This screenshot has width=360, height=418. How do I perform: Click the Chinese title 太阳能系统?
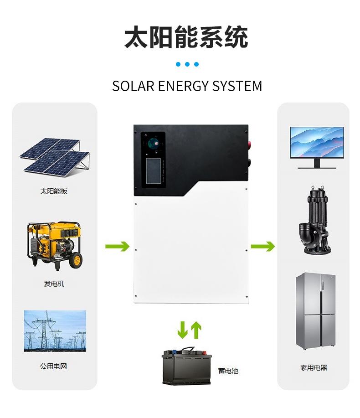186,37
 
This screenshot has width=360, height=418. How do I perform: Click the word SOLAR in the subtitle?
133,86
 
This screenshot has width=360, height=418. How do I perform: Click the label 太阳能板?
54,191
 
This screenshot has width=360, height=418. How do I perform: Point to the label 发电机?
54,284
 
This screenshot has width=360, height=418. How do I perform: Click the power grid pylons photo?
55,331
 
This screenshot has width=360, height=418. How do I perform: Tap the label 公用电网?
54,366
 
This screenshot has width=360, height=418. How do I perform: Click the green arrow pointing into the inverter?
117,247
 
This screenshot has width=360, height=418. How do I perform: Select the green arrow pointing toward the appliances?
263,247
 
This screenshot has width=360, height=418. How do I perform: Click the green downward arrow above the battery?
183,330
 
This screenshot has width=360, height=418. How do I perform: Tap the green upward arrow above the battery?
196,330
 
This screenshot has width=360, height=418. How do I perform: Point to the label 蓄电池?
228,371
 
